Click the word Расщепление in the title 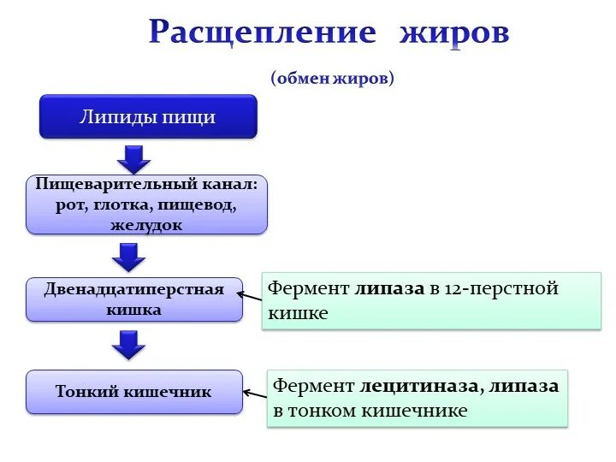click(262, 33)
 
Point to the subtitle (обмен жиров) click(333, 79)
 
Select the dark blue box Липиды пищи click(148, 116)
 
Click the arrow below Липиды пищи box click(133, 158)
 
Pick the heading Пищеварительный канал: click(146, 185)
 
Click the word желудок click(146, 226)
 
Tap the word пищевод click(203, 205)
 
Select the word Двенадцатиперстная click(134, 289)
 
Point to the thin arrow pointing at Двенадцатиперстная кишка click(249, 296)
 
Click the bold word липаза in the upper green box click(389, 288)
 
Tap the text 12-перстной click(502, 288)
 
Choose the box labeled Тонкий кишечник click(134, 392)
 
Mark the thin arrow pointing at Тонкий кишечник click(254, 393)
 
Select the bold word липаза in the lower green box click(524, 386)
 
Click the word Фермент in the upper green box click(308, 288)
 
